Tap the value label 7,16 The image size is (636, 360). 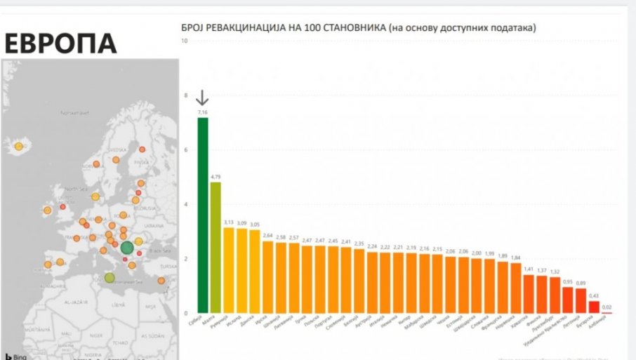point(203,112)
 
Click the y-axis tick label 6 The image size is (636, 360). point(186,149)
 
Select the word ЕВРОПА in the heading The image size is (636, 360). point(60,44)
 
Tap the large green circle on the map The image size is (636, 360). point(127,247)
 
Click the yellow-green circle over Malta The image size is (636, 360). point(110,278)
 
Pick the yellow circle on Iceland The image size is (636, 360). point(19,147)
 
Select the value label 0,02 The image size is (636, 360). point(607,307)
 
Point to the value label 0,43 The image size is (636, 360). point(594,295)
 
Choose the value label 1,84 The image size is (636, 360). point(516,257)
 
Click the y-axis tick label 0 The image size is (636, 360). point(186,313)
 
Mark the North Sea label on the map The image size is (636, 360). point(74,189)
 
